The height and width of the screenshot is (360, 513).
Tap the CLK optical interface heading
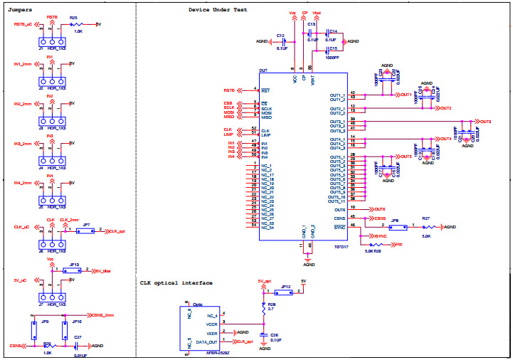(176, 283)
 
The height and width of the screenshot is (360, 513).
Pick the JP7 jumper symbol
(85, 231)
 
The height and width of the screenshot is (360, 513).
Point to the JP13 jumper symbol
(73, 270)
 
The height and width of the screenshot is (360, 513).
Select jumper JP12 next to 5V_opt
(285, 292)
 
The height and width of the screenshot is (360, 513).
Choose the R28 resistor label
(271, 303)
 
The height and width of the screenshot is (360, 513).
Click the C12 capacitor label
(281, 35)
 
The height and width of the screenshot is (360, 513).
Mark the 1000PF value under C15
(331, 57)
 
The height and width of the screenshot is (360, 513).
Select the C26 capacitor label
(274, 335)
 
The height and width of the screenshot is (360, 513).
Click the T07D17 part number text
(342, 247)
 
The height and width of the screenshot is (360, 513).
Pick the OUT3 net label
(486, 122)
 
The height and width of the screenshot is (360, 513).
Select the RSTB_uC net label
(23, 24)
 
